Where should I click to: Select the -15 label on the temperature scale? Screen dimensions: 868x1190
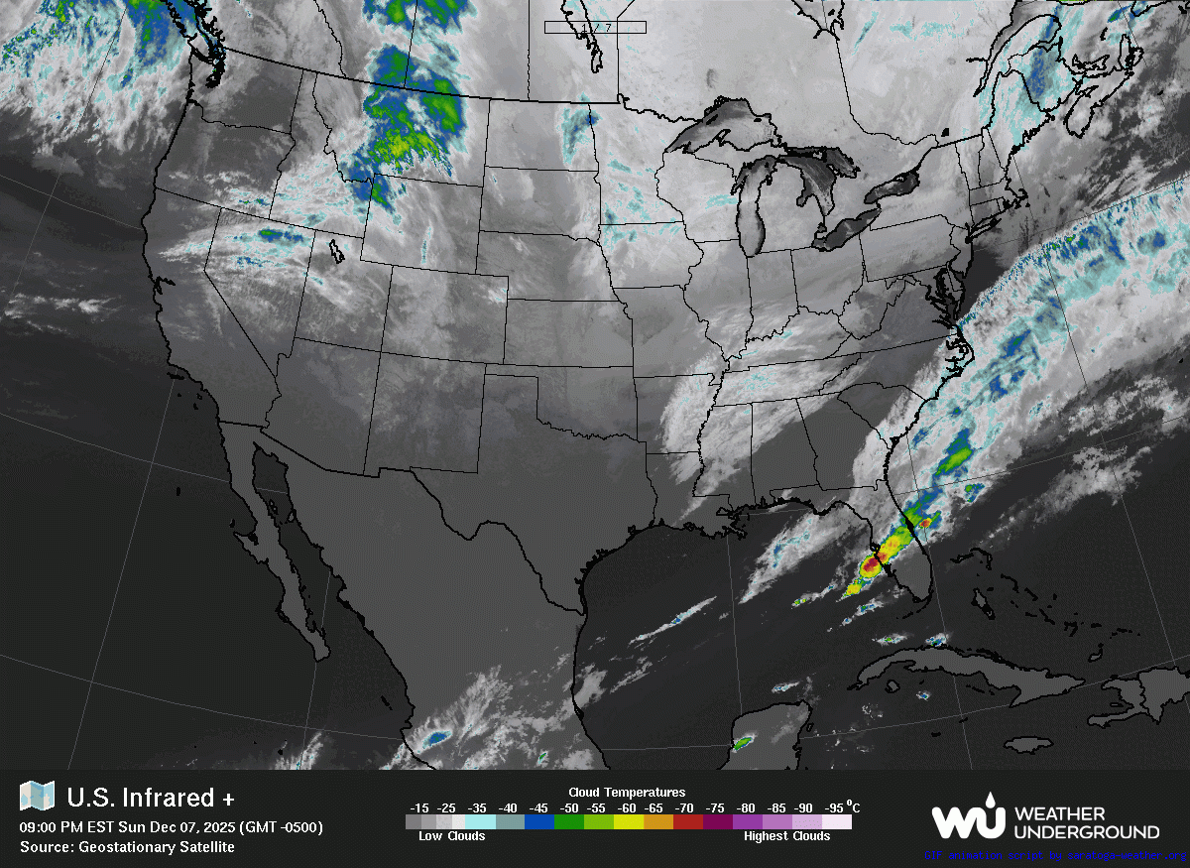419,806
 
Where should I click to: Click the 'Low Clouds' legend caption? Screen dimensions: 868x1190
451,836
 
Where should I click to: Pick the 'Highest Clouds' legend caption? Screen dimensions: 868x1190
786,836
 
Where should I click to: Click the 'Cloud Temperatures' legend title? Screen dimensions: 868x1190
627,792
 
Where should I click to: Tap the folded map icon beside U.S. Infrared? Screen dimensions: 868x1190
38,796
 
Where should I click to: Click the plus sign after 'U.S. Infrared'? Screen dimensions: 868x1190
228,798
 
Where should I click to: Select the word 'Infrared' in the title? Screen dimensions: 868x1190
169,798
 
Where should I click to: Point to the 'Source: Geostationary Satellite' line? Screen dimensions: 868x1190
127,846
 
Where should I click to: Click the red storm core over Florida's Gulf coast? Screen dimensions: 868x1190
870,565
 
